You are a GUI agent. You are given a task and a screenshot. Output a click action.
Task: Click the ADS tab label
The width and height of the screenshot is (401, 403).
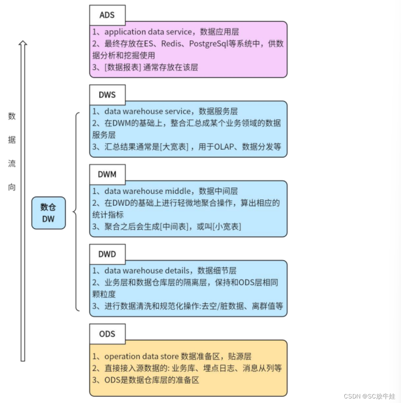[x=107, y=15]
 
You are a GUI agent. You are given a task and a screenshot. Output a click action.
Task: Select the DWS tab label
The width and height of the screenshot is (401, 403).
[x=107, y=95]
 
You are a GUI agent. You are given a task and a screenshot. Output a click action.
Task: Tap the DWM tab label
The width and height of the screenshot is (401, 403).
[x=107, y=174]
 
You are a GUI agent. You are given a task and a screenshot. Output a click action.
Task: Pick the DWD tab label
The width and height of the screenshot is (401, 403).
[x=107, y=254]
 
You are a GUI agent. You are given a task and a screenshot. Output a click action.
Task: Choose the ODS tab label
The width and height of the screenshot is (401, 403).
[x=107, y=334]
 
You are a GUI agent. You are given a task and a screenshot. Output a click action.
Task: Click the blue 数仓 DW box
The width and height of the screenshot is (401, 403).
[x=48, y=213]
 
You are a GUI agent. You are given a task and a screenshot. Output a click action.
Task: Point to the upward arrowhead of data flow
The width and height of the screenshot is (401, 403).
[x=23, y=44]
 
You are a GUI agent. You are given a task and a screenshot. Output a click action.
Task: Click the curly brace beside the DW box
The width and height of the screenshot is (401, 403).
[x=75, y=212]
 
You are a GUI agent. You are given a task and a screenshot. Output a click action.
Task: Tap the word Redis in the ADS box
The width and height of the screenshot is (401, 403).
[x=172, y=44]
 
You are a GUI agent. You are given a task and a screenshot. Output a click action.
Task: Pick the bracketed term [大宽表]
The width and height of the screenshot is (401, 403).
[x=174, y=147]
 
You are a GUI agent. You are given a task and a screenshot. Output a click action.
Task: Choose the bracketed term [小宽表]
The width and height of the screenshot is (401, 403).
[x=227, y=226]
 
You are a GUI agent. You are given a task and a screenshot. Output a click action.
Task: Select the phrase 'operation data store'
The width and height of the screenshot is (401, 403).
[x=141, y=356]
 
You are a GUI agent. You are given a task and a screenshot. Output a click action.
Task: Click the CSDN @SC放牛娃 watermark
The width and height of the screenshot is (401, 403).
[x=369, y=396]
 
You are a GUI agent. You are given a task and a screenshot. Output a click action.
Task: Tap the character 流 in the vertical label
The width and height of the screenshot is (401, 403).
[x=12, y=163]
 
